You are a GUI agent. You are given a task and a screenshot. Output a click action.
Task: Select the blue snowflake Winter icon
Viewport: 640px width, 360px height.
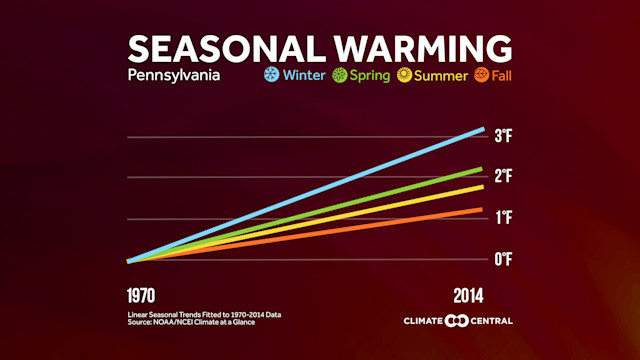click(x=270, y=75)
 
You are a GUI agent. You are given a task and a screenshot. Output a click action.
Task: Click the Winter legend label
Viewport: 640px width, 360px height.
click(x=303, y=75)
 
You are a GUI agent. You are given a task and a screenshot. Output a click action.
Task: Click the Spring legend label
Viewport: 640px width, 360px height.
click(x=370, y=75)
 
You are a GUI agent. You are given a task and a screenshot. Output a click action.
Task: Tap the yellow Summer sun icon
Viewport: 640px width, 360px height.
click(x=405, y=75)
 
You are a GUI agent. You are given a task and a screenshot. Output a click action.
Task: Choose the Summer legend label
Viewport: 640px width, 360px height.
click(x=441, y=75)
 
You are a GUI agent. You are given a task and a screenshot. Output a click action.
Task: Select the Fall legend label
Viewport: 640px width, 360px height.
click(x=502, y=75)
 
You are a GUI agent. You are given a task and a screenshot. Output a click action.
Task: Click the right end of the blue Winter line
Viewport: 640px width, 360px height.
click(x=482, y=130)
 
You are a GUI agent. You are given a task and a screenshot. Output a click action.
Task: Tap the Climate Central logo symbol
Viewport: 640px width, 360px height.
click(x=456, y=321)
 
